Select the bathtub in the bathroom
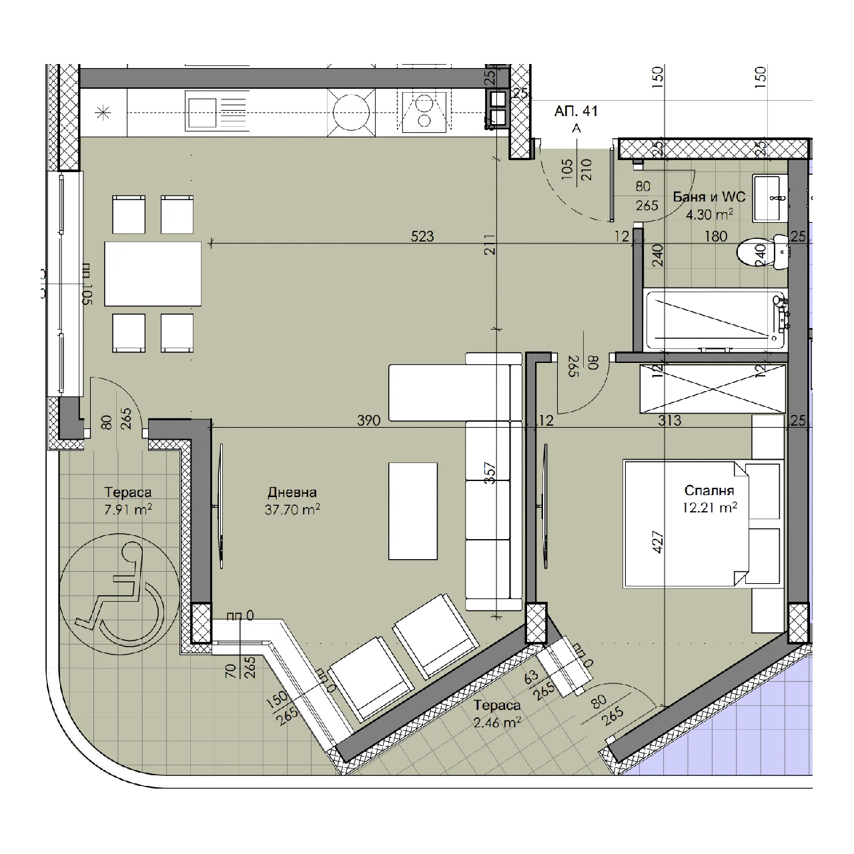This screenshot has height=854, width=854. point(715,320)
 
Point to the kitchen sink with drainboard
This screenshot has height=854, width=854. point(217,111)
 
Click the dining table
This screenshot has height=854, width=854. point(153,274)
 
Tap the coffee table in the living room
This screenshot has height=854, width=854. point(412,511)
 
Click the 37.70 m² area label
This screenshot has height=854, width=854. point(292,510)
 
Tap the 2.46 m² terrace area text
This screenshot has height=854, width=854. point(497,723)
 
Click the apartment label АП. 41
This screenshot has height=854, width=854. point(576,111)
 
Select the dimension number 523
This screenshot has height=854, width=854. point(422,236)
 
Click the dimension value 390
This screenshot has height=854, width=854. point(369,420)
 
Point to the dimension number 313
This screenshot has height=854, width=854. point(669,420)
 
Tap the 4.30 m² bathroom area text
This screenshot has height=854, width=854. point(709,215)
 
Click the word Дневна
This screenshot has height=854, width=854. point(292,492)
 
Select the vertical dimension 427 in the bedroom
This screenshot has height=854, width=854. point(658,542)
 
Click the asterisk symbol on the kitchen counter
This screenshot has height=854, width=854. point(103,113)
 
